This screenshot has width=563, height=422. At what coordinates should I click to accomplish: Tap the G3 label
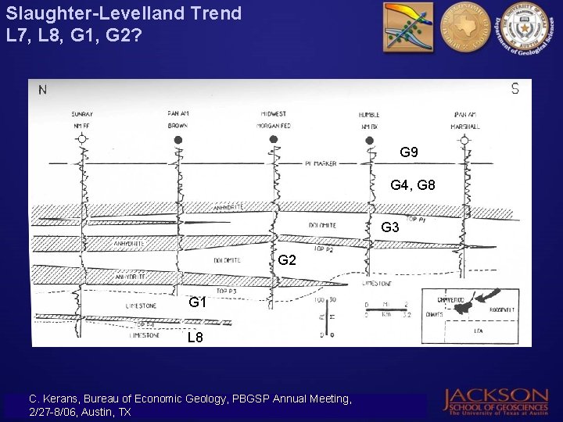[x=390, y=227]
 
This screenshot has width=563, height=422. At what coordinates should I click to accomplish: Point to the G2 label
[x=287, y=260]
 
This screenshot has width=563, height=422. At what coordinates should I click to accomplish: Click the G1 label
[x=197, y=302]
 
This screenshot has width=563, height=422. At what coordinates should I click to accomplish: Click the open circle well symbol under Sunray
[x=81, y=139]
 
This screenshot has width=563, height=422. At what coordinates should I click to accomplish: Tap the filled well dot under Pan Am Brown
[x=178, y=140]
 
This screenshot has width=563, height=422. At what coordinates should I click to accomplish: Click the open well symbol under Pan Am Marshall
[x=464, y=140]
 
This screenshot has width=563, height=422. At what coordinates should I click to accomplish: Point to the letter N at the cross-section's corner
[x=42, y=90]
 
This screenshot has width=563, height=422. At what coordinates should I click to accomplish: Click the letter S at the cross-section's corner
[x=515, y=89]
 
